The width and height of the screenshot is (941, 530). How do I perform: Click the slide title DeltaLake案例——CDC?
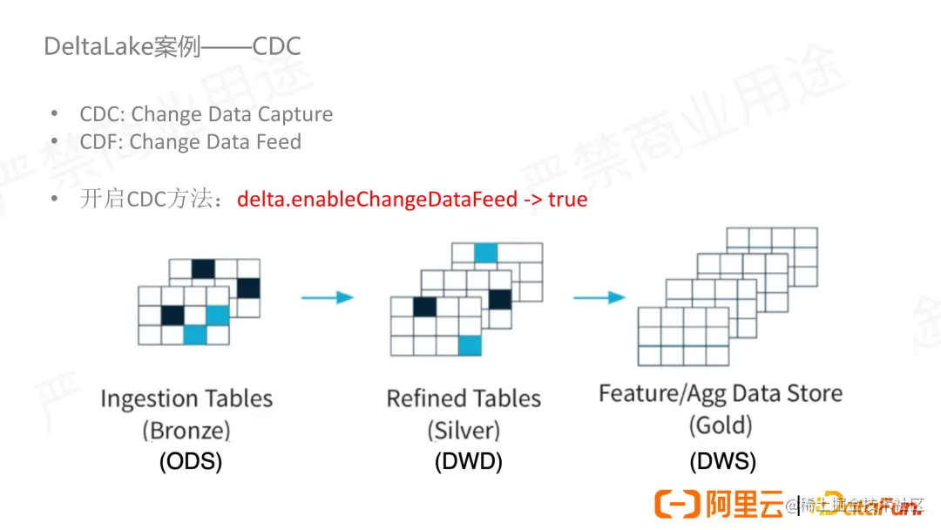[173, 46]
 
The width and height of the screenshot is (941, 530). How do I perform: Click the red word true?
[568, 200]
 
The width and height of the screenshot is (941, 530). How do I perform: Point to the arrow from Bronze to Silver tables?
[327, 297]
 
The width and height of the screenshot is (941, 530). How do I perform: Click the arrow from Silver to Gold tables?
[599, 297]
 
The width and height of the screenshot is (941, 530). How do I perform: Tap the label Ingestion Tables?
[186, 399]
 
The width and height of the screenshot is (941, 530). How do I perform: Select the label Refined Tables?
[464, 399]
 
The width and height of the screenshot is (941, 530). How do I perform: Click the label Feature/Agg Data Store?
[721, 394]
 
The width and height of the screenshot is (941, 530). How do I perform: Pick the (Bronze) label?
[186, 430]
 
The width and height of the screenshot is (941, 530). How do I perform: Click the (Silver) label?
[464, 430]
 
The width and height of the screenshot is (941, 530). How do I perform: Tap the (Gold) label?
[721, 425]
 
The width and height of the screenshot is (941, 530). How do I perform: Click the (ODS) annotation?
[191, 461]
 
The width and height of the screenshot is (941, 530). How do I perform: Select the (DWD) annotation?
[469, 461]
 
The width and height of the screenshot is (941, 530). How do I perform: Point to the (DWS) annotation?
[723, 461]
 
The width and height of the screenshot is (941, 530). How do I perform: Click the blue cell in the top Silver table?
[485, 253]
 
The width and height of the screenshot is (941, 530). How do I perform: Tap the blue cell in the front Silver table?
[470, 345]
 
